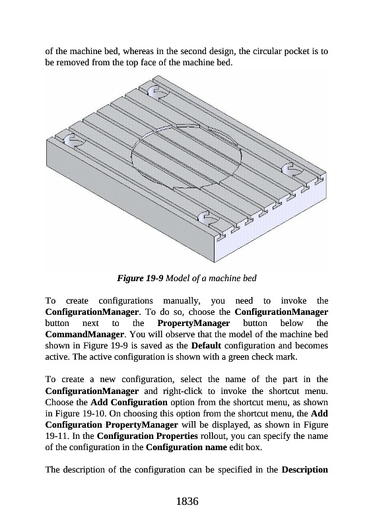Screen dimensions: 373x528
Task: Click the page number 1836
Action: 187,501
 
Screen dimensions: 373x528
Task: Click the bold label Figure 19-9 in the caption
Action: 140,278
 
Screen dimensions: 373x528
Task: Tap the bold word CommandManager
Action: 85,335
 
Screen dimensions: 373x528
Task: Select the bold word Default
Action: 206,345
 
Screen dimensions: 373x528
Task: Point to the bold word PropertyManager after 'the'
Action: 193,323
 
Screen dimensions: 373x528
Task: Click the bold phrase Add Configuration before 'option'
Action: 129,402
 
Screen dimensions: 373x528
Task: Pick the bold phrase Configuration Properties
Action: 147,436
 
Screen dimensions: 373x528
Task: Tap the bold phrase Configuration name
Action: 186,447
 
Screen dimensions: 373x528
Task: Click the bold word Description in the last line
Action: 304,469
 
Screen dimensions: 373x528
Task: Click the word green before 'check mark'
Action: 239,357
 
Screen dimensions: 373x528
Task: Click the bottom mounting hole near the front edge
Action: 205,218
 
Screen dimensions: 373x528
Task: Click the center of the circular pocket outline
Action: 187,156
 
